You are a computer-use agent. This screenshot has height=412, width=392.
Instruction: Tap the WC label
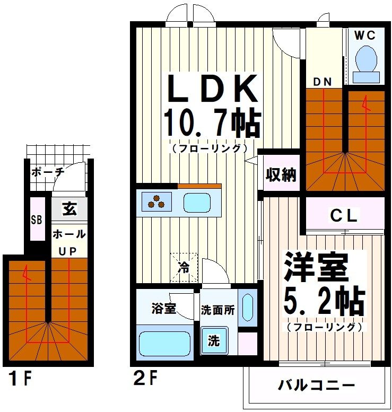tap(365, 36)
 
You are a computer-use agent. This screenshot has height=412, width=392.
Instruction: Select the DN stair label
tap(321, 82)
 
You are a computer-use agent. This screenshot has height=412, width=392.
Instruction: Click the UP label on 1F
tap(68, 251)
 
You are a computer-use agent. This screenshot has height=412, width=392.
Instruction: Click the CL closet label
tap(344, 216)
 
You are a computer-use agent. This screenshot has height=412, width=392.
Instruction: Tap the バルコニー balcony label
tap(316, 384)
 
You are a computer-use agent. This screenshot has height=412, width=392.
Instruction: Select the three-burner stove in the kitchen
tap(156, 202)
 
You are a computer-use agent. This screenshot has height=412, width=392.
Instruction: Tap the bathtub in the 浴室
tap(164, 344)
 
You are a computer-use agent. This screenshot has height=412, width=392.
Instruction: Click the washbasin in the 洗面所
tap(247, 309)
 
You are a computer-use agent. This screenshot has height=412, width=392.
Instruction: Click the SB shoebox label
tap(37, 220)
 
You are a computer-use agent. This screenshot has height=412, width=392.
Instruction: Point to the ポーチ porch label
tap(47, 172)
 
